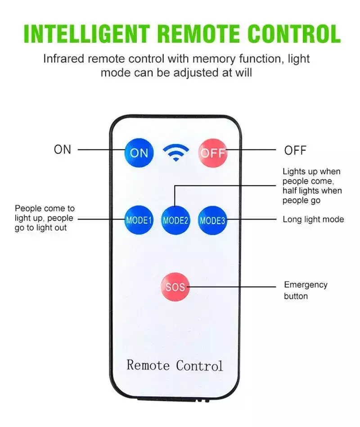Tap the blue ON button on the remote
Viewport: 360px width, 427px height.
pyautogui.click(x=139, y=153)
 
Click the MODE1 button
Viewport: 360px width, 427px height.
pyautogui.click(x=139, y=220)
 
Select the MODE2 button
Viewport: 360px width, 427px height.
pyautogui.click(x=175, y=220)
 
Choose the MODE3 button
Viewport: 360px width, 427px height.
pyautogui.click(x=212, y=220)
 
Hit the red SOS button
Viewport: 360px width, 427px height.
pyautogui.click(x=175, y=287)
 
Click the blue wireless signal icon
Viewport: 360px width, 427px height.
pyautogui.click(x=176, y=153)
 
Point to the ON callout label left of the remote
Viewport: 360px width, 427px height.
pyautogui.click(x=63, y=149)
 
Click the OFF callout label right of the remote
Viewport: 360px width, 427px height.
pyautogui.click(x=295, y=150)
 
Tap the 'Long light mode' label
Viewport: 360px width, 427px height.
pyautogui.click(x=313, y=219)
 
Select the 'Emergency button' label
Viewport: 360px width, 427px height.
pyautogui.click(x=306, y=290)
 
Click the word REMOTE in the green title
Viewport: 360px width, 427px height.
pyautogui.click(x=199, y=34)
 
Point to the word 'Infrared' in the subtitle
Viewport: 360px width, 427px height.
pyautogui.click(x=64, y=59)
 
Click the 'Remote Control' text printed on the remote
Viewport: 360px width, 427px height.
pyautogui.click(x=175, y=365)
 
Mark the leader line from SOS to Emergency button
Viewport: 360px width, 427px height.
pyautogui.click(x=232, y=287)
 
